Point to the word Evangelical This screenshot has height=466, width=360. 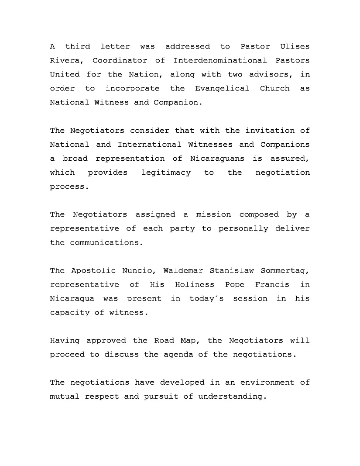click(x=222, y=88)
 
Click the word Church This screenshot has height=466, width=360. click(x=274, y=88)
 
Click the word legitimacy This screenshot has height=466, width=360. click(x=166, y=172)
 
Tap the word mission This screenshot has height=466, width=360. click(x=213, y=214)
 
